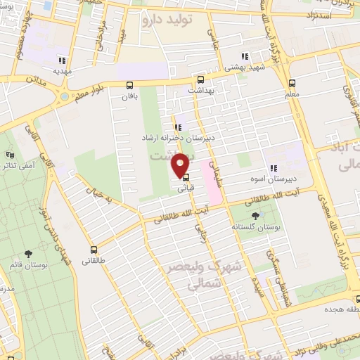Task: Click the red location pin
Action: click(x=182, y=165)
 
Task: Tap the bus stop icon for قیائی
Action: click(x=185, y=178)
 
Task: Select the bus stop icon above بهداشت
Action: click(x=201, y=79)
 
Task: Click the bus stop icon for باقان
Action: click(x=129, y=85)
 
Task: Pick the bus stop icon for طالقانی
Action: click(x=94, y=250)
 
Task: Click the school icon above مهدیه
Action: click(x=63, y=60)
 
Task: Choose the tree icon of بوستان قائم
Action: click(x=29, y=254)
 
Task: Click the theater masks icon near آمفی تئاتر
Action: click(x=9, y=155)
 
